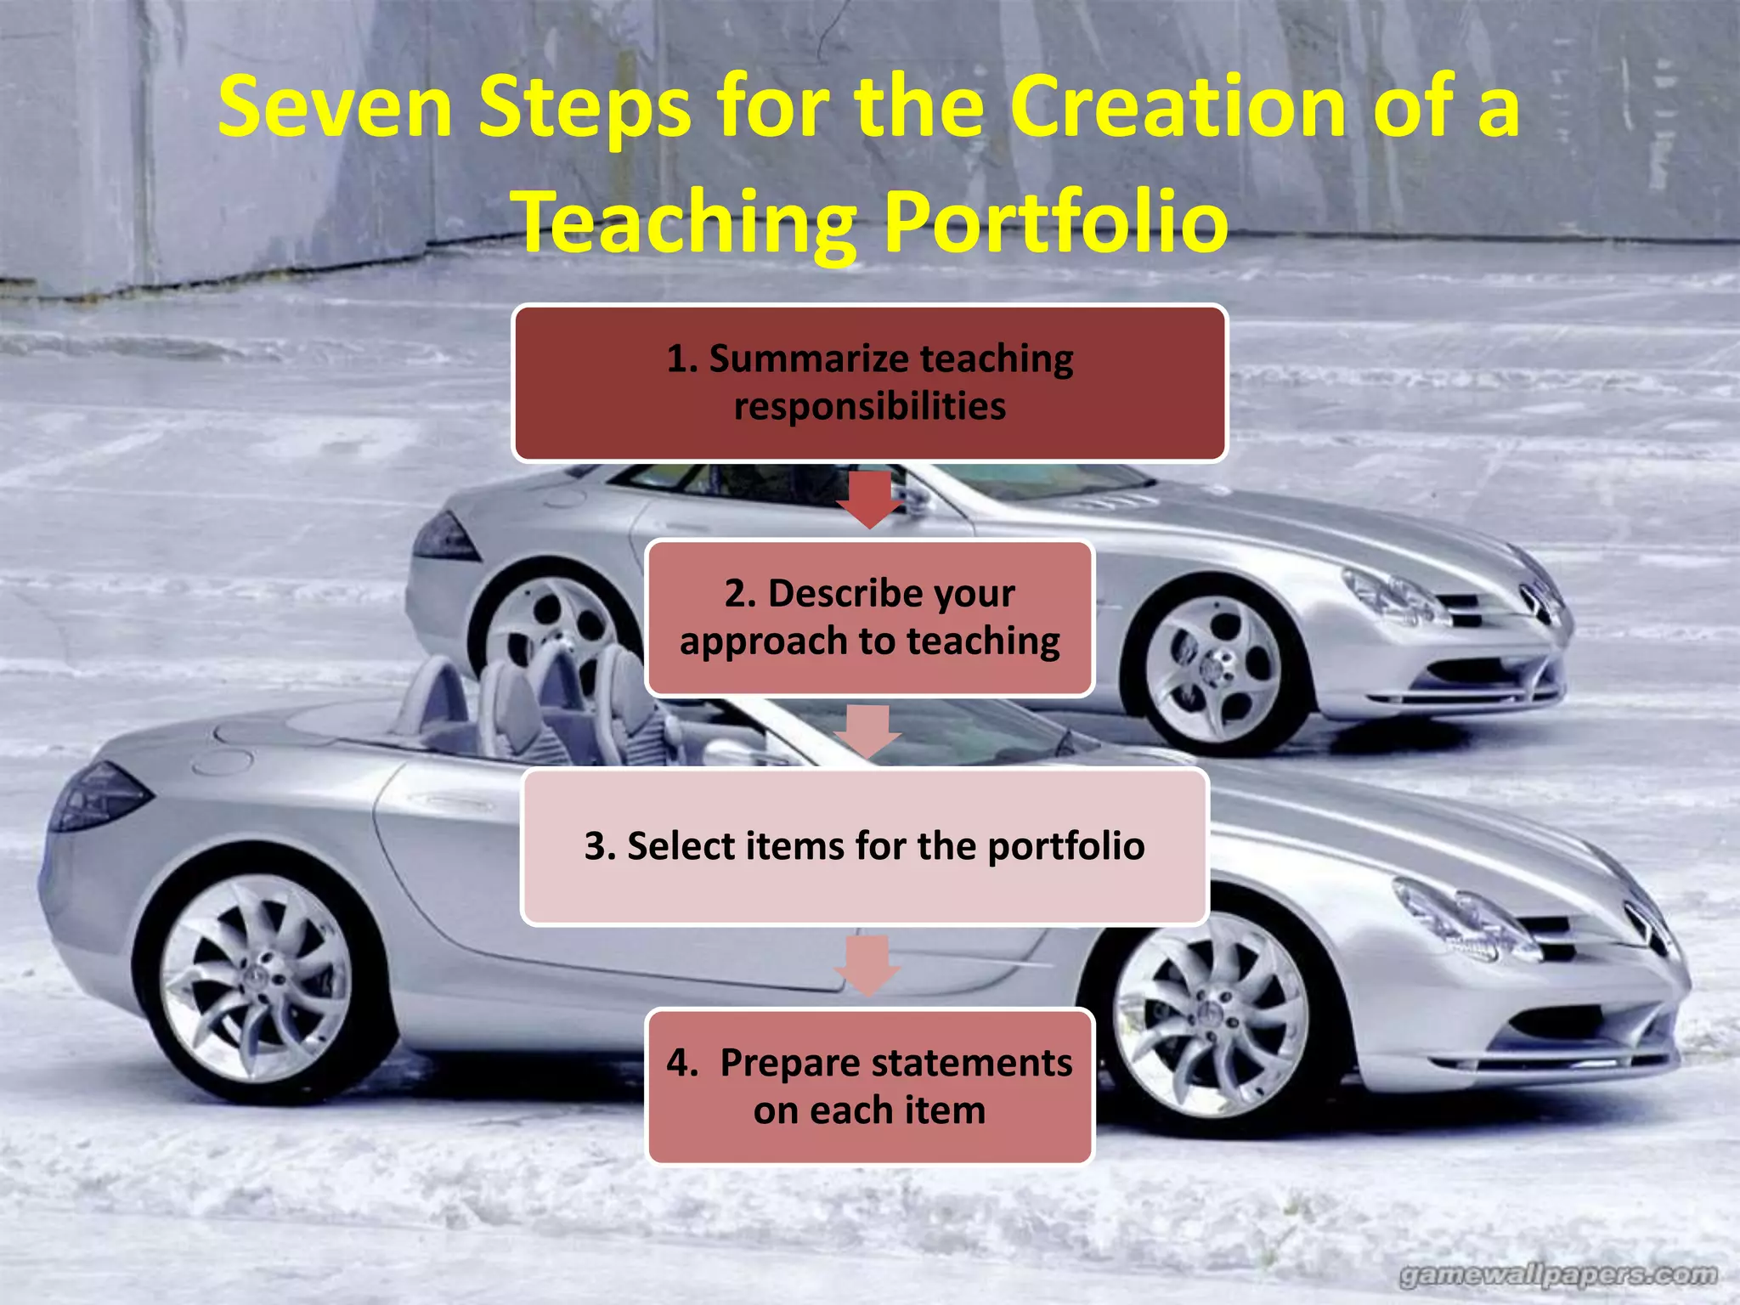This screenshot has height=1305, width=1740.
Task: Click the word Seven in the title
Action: point(335,107)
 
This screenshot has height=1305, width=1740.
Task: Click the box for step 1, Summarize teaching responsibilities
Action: point(869,383)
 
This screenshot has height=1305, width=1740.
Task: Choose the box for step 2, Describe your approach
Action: point(869,618)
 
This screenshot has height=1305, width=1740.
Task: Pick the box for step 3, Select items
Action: point(865,846)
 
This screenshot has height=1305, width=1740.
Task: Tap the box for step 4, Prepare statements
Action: point(869,1086)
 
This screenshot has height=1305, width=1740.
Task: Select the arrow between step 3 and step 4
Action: point(867,965)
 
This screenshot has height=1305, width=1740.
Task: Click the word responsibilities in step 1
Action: point(869,406)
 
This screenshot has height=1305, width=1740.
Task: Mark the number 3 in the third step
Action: point(596,846)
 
